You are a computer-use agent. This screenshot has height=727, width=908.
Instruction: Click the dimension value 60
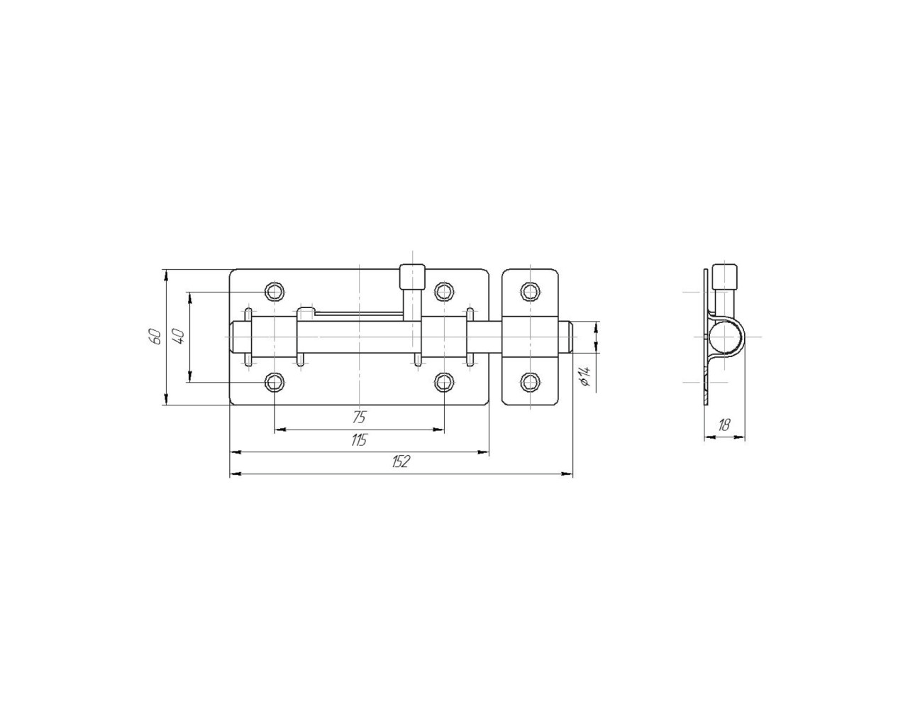(155, 337)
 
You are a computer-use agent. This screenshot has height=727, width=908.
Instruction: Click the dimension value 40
(179, 337)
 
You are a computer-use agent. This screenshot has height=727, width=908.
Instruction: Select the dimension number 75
(359, 417)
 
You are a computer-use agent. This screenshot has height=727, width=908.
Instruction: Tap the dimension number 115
(359, 440)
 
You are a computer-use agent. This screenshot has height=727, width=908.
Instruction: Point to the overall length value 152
(400, 461)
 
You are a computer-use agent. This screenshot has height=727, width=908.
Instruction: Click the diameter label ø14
(585, 376)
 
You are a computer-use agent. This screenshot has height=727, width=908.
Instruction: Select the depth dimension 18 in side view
(724, 425)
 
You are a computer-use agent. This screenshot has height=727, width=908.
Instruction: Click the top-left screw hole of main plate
(275, 291)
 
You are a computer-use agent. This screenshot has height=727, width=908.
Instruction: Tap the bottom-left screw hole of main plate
(275, 382)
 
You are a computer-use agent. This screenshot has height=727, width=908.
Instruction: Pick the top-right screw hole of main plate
(444, 291)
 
